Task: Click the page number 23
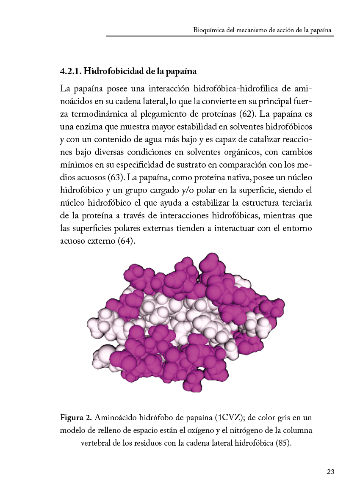click(x=330, y=472)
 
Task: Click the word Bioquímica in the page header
click(x=208, y=30)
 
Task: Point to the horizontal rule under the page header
click(x=220, y=36)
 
